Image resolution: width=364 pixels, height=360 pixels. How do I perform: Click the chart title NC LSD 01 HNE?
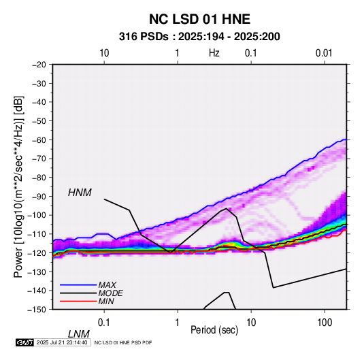199,19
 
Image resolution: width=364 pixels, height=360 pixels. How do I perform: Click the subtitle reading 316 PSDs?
144,37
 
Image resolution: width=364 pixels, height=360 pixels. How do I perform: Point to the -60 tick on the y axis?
39,140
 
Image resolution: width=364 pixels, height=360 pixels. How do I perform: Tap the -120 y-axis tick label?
37,252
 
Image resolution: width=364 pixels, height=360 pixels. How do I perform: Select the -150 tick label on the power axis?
37,310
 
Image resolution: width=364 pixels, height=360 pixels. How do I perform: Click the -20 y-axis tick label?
39,65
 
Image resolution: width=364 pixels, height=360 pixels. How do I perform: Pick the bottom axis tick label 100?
325,323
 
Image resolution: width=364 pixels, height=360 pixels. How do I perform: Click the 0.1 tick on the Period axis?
104,323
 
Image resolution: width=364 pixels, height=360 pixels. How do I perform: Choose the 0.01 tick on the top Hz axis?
324,53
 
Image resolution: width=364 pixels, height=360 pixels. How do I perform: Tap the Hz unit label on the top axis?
214,53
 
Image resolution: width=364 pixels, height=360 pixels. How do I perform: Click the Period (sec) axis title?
214,330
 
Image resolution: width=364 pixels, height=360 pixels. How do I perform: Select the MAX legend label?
107,284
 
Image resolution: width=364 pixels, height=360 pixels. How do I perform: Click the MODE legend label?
110,293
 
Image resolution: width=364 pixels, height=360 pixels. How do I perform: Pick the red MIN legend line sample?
78,301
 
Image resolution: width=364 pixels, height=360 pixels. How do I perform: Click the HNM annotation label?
80,193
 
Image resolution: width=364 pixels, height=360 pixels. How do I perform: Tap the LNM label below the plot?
78,334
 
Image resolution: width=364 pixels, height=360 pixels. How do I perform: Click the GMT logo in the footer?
24,342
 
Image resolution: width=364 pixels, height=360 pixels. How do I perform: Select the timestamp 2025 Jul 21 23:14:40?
62,342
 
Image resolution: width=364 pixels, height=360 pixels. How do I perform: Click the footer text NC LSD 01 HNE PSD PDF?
123,342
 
